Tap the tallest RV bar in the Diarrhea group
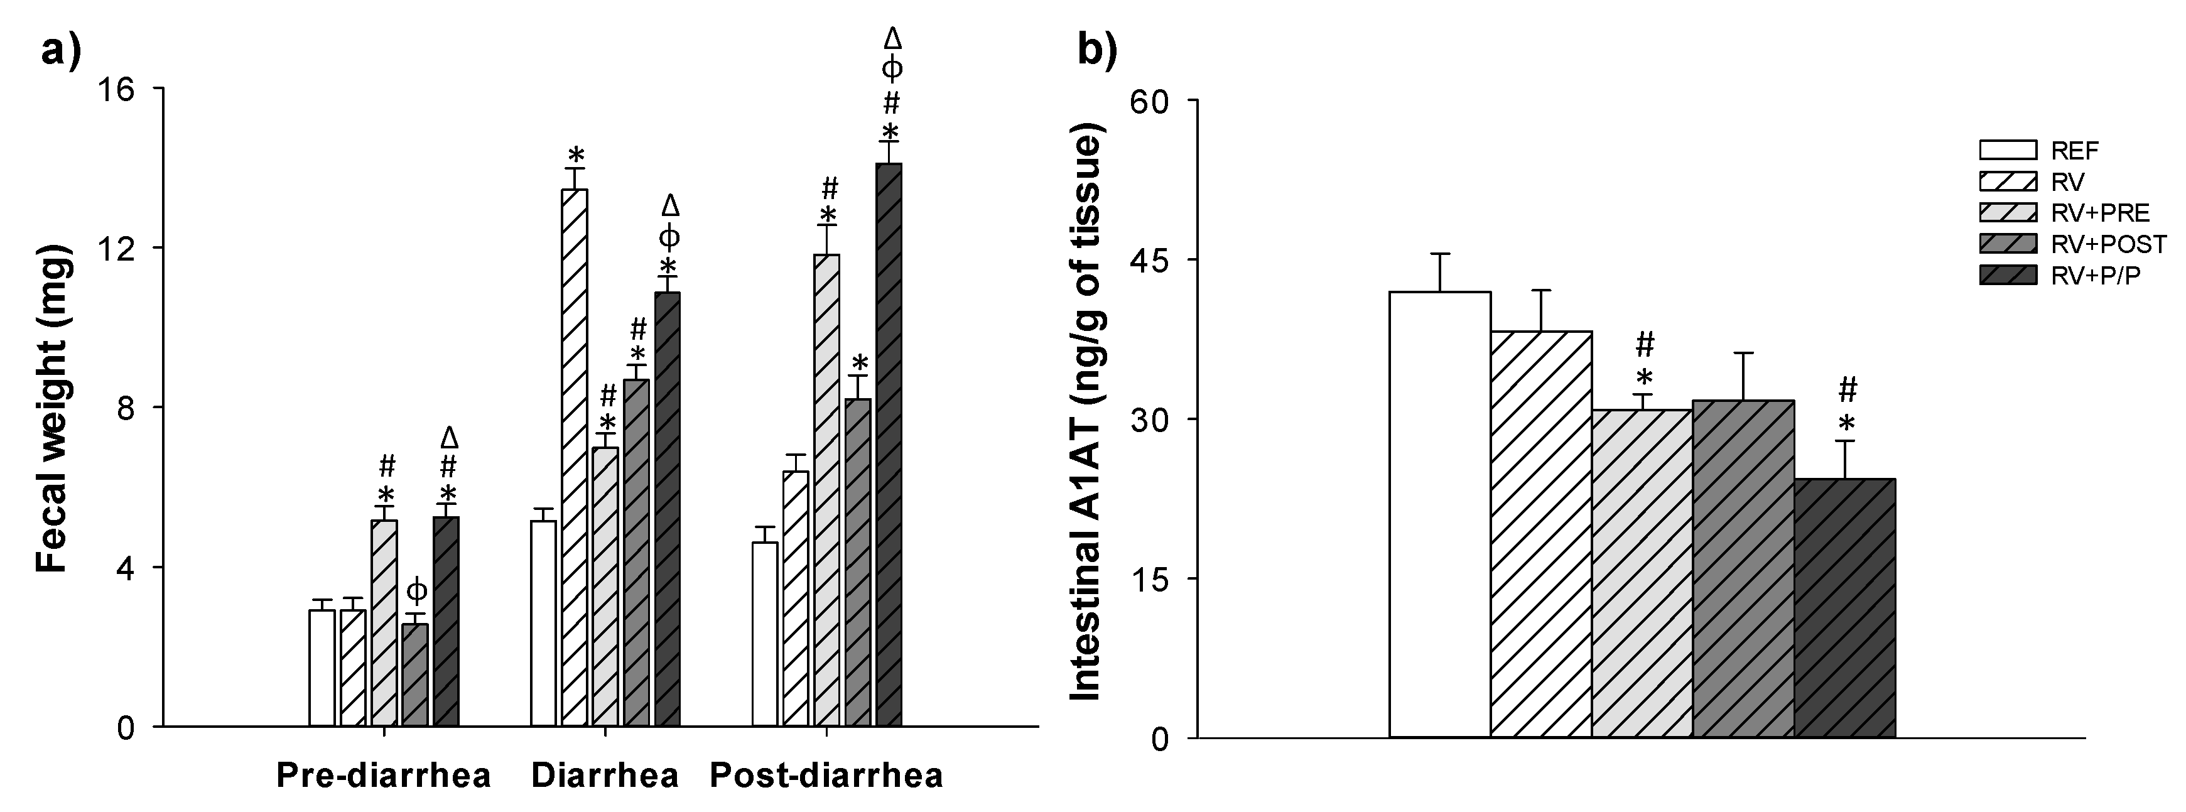575,458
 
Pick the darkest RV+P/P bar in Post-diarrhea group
889,445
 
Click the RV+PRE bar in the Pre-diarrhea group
384,624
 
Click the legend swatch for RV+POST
2008,244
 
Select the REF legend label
2075,151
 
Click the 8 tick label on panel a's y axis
126,408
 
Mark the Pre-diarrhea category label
384,776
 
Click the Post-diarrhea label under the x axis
826,776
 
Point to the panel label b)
1097,51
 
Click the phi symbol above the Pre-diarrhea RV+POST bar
416,590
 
